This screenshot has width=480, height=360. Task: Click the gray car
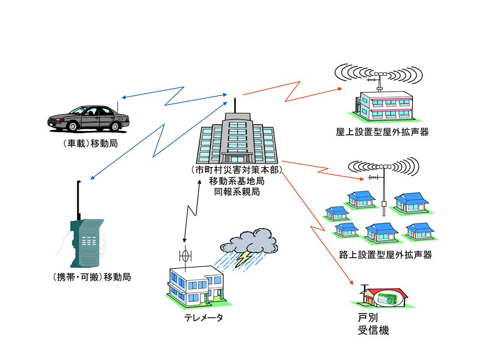89,118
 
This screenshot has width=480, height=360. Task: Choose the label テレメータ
204,317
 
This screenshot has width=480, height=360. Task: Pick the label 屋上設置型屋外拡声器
382,132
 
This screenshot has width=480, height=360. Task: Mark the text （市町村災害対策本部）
236,170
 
